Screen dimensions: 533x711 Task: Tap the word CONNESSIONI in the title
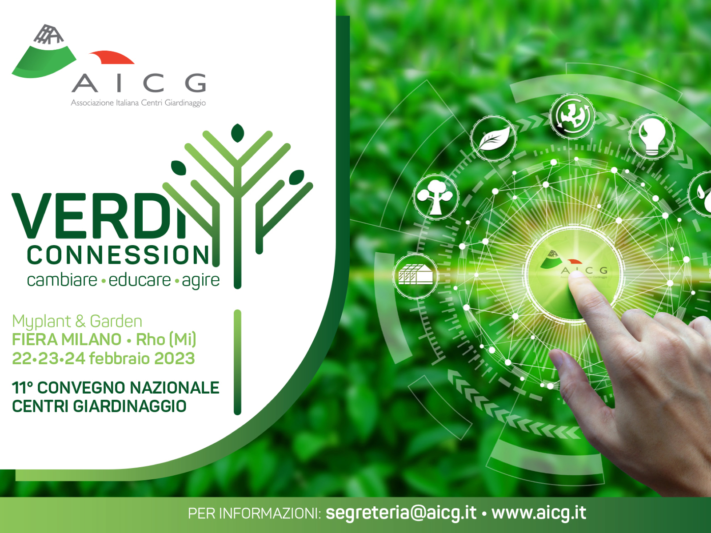118,255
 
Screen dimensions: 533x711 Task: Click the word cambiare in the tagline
62,280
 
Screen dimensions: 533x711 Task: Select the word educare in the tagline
140,280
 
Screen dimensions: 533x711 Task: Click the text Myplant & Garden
77,321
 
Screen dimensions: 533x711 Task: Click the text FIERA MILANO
67,340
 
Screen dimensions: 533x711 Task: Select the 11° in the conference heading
22,388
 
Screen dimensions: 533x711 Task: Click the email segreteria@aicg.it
401,513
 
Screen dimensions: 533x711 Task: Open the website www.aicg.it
539,513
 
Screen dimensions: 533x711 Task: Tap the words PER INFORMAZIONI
254,513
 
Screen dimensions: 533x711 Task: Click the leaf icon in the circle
493,138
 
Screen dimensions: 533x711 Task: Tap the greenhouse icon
415,276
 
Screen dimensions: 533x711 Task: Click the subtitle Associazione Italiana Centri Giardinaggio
138,103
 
